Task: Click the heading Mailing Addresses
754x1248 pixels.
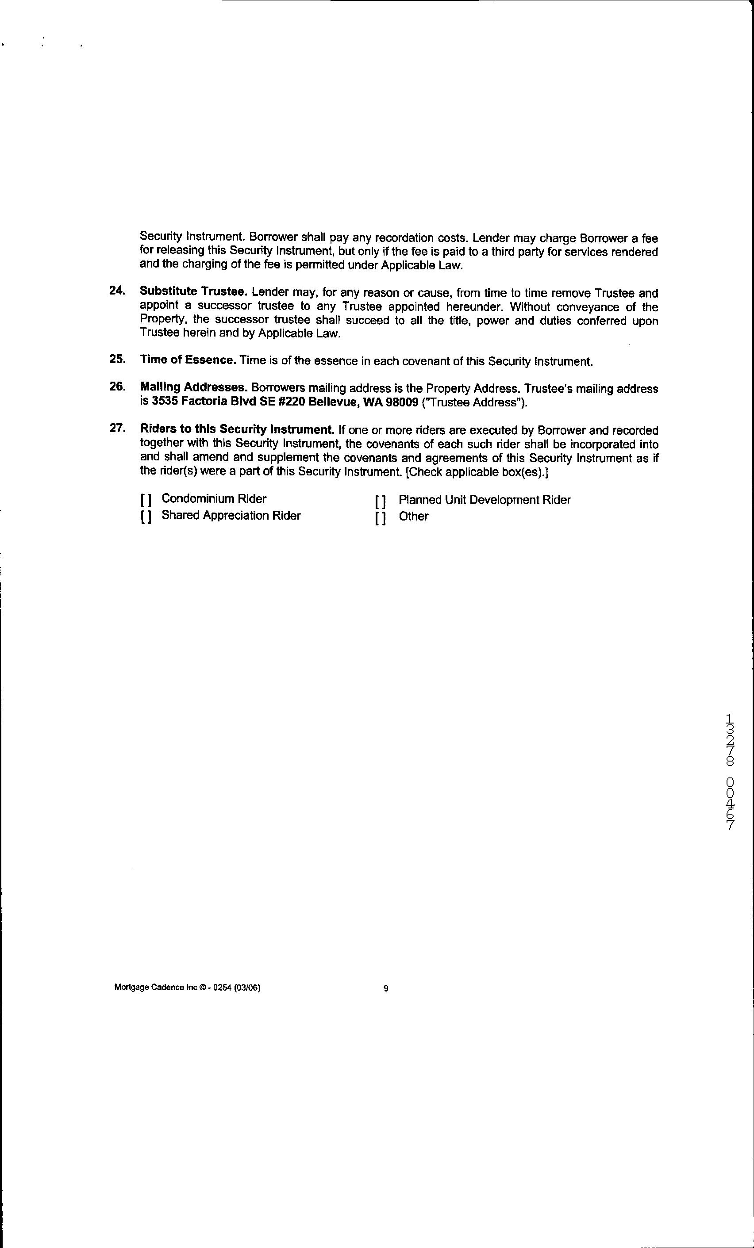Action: pos(194,387)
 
